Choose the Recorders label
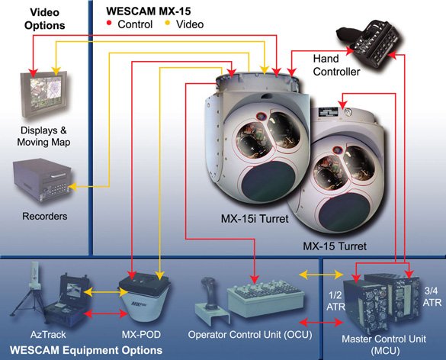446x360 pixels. [x=44, y=216]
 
